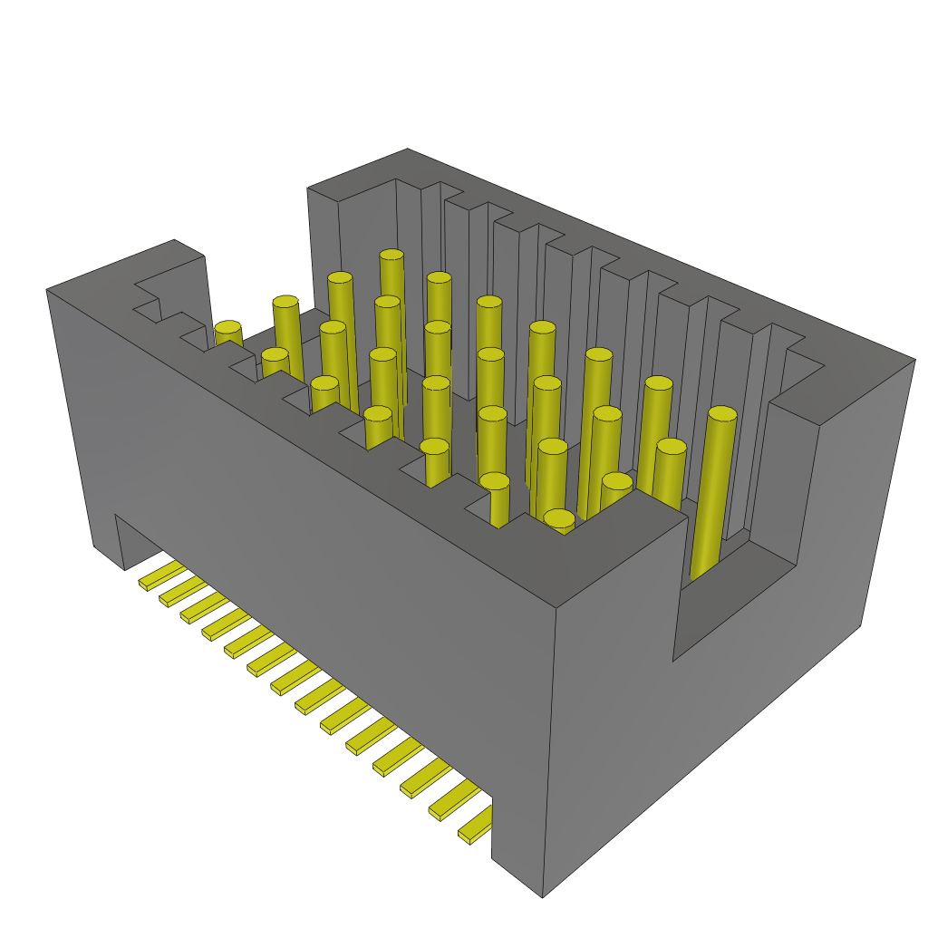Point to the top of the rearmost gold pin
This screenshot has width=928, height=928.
[391, 256]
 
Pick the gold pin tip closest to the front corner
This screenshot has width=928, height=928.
[559, 519]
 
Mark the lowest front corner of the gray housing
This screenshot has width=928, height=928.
[542, 896]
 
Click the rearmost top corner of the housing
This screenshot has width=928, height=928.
[407, 150]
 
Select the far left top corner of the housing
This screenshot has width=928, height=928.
[47, 290]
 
